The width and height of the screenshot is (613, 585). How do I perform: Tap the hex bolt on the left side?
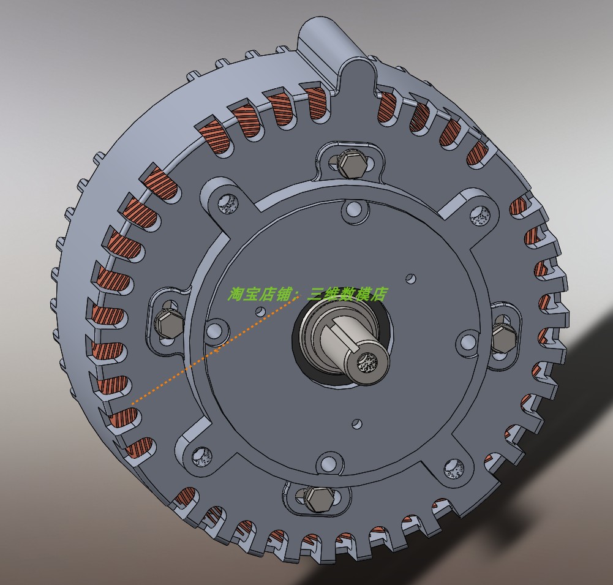tap(168, 322)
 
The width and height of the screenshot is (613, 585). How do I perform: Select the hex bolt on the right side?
tap(504, 338)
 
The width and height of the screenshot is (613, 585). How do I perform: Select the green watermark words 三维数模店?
tap(347, 295)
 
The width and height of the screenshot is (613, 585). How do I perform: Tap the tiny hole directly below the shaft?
tap(357, 422)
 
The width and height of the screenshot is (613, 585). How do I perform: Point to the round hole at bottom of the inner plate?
tap(328, 464)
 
